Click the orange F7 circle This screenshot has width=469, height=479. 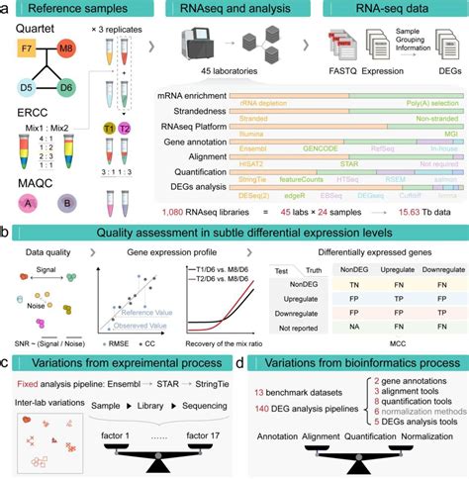point(30,46)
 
